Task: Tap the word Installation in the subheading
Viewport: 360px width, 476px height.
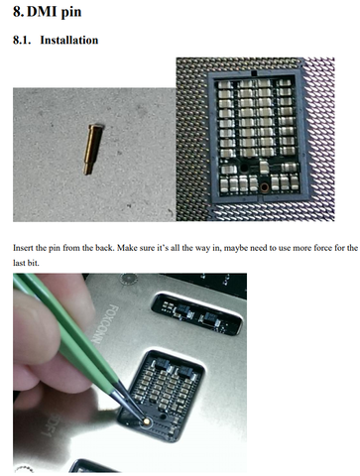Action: click(69, 40)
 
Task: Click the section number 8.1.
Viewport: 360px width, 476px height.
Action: click(22, 40)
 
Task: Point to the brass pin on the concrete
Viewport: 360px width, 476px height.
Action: click(94, 149)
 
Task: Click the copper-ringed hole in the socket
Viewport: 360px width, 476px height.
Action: click(264, 187)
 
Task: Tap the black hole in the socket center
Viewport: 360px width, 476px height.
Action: click(244, 169)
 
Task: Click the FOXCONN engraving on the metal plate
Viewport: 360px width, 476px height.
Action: click(104, 324)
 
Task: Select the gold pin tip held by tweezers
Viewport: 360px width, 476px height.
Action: click(147, 420)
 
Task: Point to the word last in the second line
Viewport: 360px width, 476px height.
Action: click(18, 263)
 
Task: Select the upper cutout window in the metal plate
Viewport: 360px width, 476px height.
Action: click(197, 313)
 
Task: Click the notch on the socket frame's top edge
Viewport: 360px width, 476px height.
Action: click(254, 72)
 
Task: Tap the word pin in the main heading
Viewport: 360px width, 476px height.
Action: click(70, 13)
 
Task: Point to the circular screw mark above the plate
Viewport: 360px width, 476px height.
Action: click(128, 280)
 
